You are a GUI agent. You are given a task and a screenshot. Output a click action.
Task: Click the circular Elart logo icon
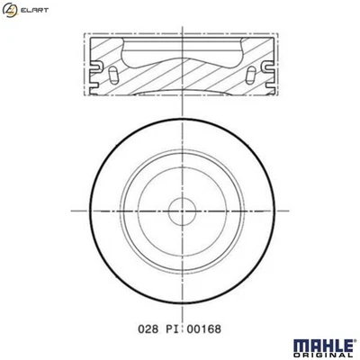[11, 10]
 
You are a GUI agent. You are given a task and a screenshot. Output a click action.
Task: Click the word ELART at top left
[33, 10]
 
